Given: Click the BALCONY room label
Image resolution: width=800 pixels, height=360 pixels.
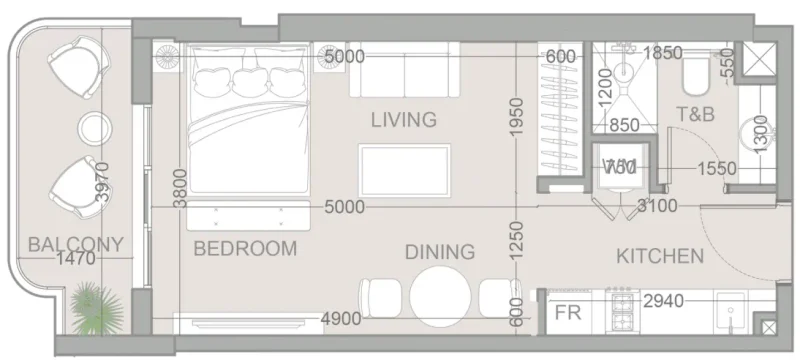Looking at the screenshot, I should click(75, 244).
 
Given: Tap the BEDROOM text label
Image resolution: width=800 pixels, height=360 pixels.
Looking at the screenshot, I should click(245, 248).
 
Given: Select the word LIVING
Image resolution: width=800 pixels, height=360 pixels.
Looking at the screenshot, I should click(403, 120).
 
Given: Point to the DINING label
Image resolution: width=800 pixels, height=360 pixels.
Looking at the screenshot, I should click(439, 252).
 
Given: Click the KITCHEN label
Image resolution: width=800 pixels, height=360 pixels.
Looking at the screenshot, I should click(659, 256).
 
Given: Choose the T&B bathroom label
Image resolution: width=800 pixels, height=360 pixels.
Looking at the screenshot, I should click(695, 114).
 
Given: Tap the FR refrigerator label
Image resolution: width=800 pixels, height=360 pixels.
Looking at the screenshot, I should click(568, 312).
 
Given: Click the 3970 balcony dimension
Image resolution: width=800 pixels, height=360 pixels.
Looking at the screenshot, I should click(100, 182).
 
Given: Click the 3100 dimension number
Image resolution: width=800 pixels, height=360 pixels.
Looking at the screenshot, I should click(658, 207).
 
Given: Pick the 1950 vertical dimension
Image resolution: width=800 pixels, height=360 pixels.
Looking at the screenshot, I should click(516, 120).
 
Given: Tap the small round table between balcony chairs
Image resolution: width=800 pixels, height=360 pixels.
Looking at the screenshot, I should click(95, 128).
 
